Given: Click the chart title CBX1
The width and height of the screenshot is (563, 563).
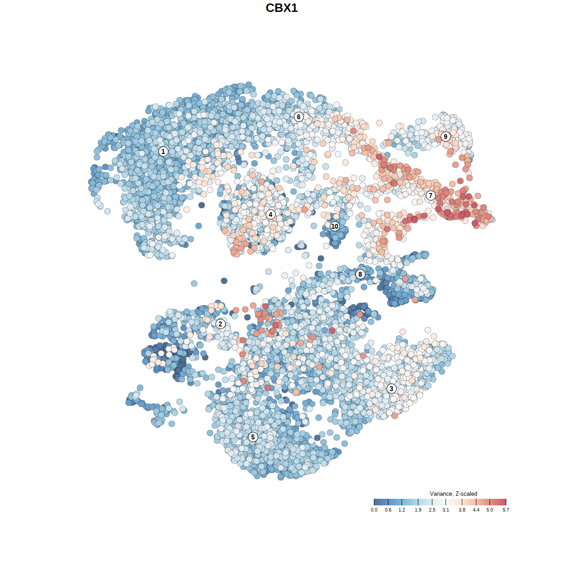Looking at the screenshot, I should click(281, 8).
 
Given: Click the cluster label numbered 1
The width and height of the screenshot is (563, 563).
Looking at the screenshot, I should click(163, 151).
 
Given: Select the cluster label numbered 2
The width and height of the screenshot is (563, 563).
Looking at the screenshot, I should click(220, 324).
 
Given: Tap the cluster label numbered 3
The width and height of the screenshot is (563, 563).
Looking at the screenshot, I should click(391, 388).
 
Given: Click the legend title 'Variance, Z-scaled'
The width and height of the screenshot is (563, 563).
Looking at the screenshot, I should click(453, 494).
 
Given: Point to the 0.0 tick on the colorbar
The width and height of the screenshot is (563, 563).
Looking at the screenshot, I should click(374, 510).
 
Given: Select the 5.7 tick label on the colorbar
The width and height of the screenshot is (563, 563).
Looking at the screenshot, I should click(506, 510).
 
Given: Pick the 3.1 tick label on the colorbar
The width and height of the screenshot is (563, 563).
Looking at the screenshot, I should click(446, 510).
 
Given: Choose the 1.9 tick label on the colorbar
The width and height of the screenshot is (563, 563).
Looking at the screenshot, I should click(418, 510).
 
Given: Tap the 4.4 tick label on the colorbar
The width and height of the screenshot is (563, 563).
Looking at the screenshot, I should click(476, 510).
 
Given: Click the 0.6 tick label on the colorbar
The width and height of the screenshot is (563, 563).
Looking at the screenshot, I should click(388, 510).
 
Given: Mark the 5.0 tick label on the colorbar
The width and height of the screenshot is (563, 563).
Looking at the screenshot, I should click(490, 510).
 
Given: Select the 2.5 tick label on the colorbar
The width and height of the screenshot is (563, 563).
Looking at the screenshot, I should click(432, 510).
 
